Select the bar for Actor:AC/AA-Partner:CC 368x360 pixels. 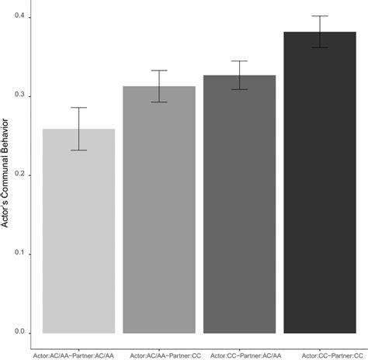point(159,209)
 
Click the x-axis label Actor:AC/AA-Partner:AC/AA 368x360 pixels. point(78,353)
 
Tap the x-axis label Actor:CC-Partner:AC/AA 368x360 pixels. point(239,353)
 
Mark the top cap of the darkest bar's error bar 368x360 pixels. point(320,16)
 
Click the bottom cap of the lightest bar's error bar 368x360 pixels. point(78,150)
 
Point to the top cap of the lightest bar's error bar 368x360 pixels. point(78,108)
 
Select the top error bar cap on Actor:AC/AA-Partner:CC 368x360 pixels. point(159,71)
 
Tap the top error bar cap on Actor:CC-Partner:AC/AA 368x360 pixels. point(239,61)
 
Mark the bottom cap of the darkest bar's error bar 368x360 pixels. point(320,48)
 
